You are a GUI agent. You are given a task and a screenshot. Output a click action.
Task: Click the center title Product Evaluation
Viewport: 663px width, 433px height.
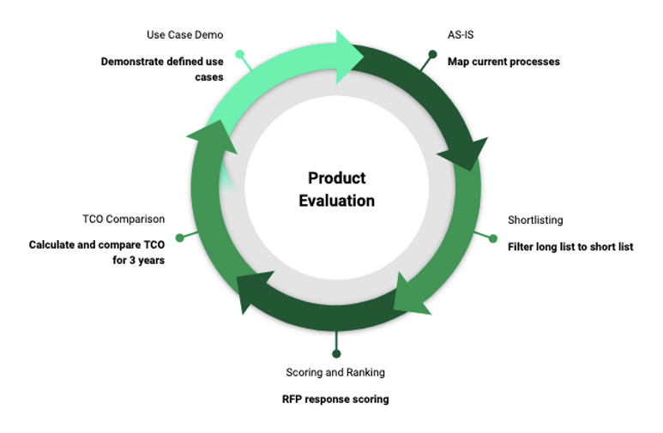click(336, 189)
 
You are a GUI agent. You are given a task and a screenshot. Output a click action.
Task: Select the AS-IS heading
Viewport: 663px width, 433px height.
click(461, 34)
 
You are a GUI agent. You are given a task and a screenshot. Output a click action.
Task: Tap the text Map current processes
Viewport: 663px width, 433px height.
click(503, 62)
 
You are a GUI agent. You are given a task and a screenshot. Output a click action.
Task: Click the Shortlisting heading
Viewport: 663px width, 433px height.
click(535, 220)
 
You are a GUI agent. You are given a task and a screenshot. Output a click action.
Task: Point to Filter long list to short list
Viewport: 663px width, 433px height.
click(570, 247)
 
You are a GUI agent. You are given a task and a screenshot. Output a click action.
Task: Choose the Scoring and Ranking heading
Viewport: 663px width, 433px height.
click(335, 372)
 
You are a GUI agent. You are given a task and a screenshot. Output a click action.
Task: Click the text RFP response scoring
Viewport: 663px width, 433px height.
click(335, 400)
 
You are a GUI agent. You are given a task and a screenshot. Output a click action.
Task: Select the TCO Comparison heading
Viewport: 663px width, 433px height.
click(124, 219)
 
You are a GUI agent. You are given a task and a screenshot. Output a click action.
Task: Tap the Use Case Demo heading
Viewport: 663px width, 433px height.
click(184, 34)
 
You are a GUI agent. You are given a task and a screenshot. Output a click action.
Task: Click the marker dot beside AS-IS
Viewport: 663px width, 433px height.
click(432, 54)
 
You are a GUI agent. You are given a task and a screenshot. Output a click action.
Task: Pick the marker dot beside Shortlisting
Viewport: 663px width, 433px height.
click(493, 238)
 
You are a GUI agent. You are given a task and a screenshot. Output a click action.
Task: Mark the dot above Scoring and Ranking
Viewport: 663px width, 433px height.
click(336, 353)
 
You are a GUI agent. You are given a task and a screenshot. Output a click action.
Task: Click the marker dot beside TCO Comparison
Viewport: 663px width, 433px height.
click(180, 238)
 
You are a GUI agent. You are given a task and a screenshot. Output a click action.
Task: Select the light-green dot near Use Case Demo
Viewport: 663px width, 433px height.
click(240, 54)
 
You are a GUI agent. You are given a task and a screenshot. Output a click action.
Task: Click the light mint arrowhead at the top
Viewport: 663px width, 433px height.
click(347, 57)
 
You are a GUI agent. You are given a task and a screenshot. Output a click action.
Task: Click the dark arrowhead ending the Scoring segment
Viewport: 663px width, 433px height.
click(250, 290)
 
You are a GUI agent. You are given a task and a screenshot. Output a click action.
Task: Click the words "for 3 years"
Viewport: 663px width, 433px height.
click(139, 260)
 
